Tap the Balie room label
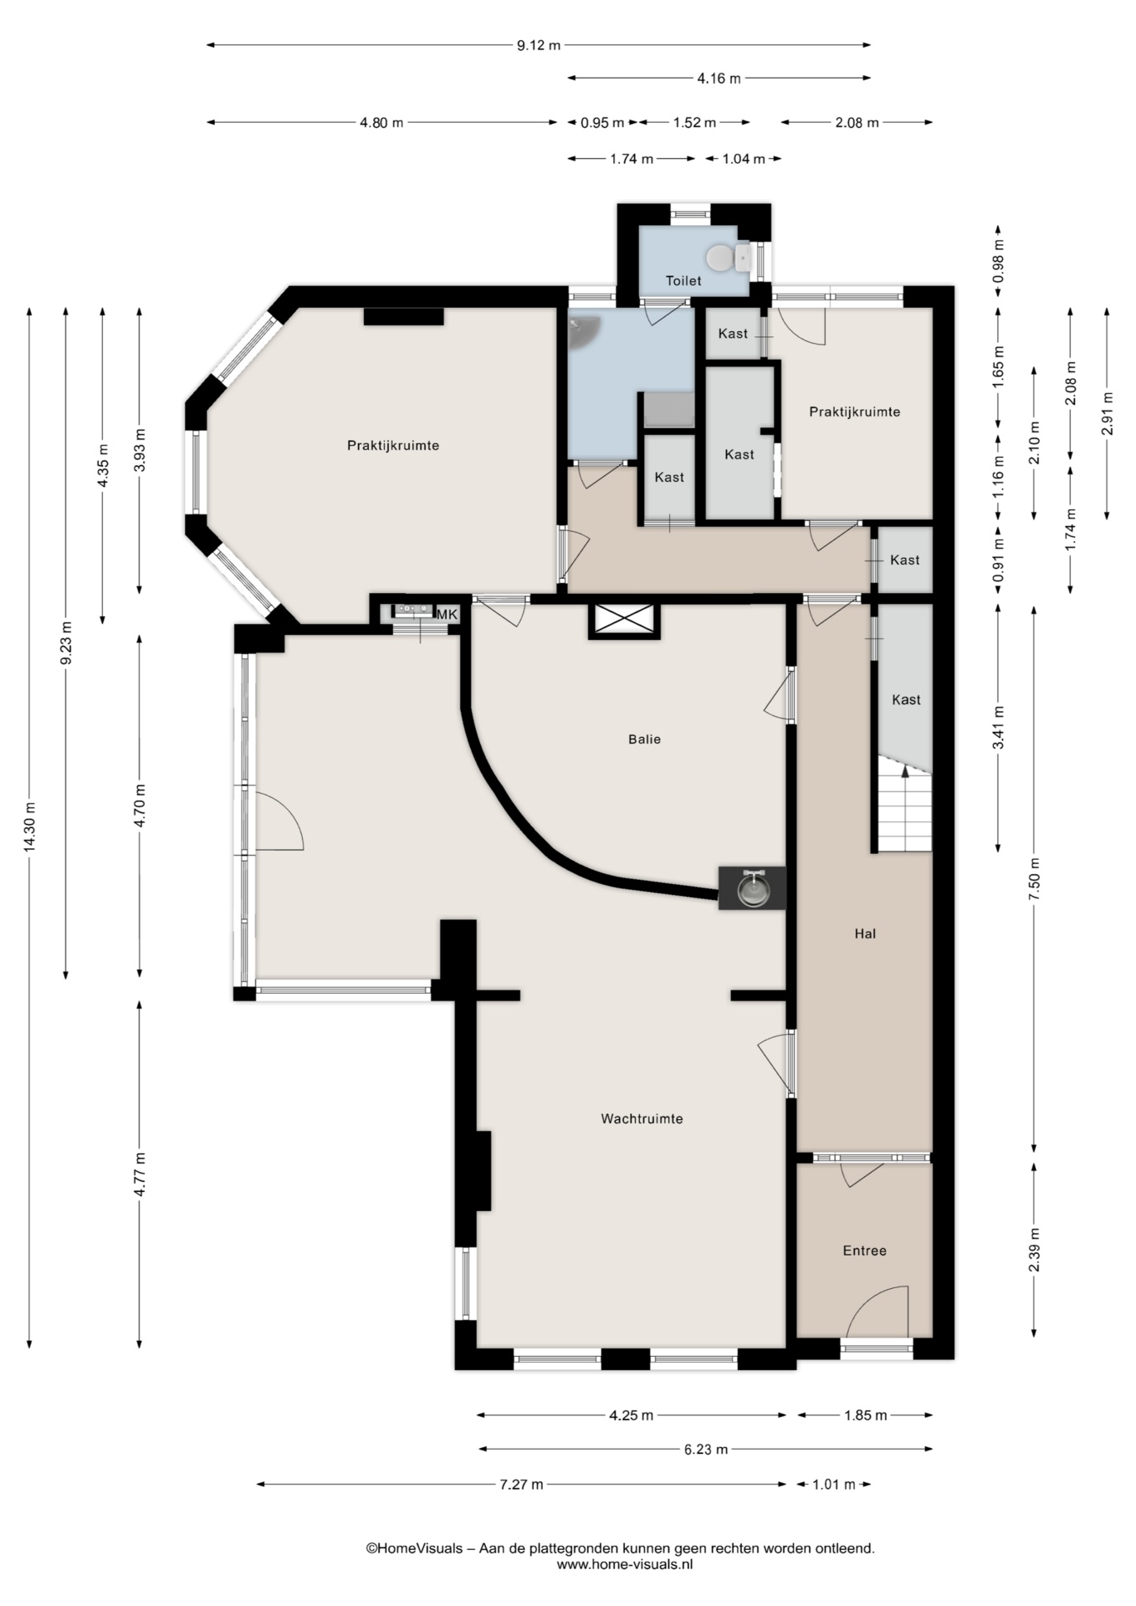coord(644,739)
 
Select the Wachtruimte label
coord(642,1118)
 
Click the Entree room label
coord(864,1251)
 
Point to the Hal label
coord(865,933)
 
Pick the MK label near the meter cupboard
coord(448,615)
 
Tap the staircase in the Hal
coord(904,804)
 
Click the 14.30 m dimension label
coord(30,828)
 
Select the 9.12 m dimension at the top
coord(538,45)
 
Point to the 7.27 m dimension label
coord(521,1484)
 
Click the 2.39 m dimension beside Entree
coord(1035,1250)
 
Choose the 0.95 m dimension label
coord(602,123)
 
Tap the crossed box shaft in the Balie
coord(625,621)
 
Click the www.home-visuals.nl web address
coord(625,1564)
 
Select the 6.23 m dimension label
coord(705,1449)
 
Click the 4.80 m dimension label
coord(381,123)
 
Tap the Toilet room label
coord(683,281)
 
